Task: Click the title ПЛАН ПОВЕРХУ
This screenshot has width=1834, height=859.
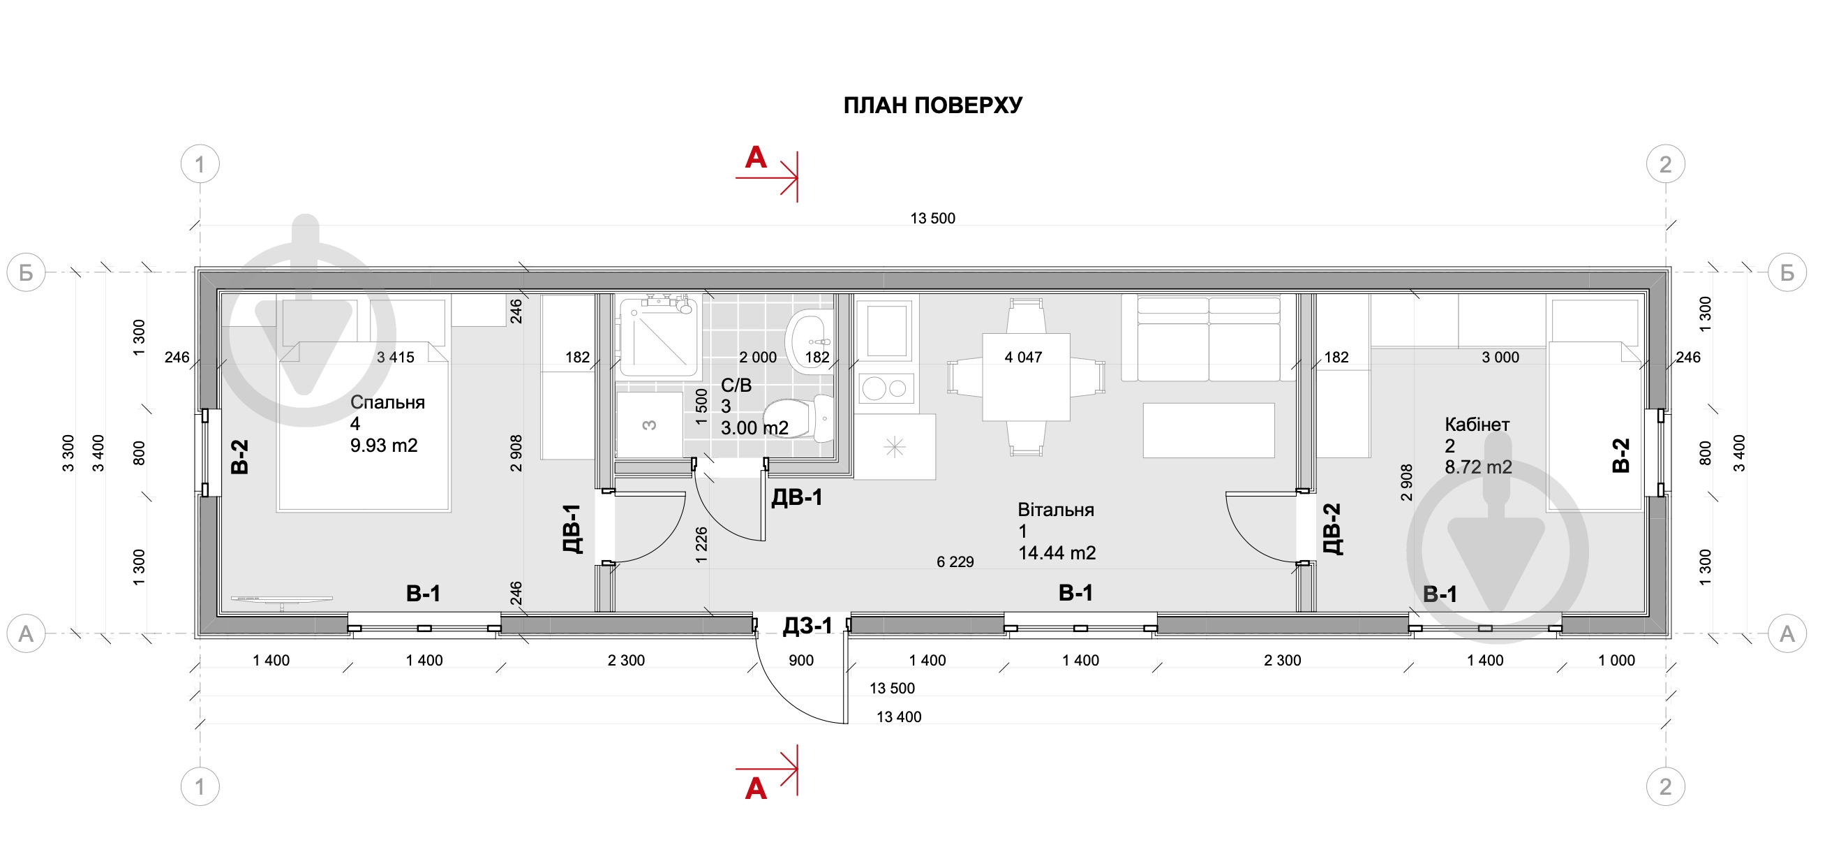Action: (932, 105)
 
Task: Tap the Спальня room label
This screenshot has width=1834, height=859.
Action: (387, 402)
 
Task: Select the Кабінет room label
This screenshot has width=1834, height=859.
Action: (1477, 425)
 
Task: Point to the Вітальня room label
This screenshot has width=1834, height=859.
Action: (1055, 510)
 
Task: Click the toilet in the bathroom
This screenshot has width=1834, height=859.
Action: (798, 418)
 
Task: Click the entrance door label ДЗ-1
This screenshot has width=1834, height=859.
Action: (807, 625)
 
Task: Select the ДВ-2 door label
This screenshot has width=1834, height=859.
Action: (1332, 529)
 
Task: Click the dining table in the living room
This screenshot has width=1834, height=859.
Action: (1026, 377)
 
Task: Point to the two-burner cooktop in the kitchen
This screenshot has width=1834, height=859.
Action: (886, 388)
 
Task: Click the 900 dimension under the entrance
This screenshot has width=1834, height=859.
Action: (801, 660)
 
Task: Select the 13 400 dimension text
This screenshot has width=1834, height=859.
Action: (898, 717)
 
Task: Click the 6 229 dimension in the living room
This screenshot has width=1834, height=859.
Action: (955, 562)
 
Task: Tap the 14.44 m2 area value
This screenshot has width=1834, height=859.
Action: (1057, 552)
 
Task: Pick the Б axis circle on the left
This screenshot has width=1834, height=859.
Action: (27, 272)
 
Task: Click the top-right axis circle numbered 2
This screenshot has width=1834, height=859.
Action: (1665, 165)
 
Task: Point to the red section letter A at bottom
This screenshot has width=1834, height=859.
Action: (755, 788)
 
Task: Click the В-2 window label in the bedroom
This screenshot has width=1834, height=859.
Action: (240, 457)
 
